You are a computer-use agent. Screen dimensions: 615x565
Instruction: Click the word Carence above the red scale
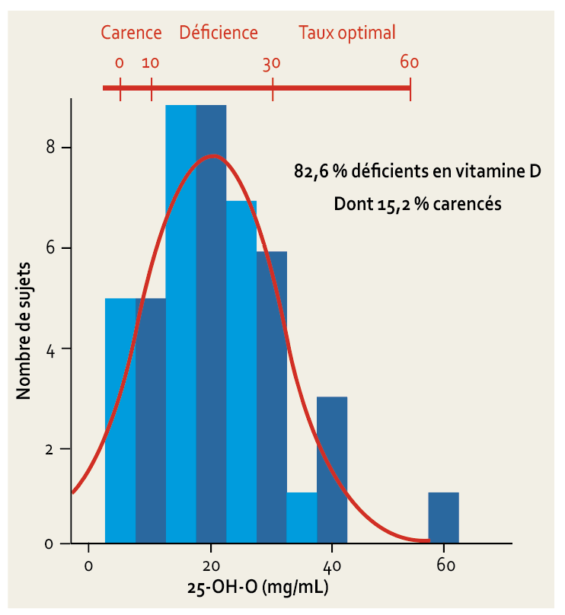point(132,33)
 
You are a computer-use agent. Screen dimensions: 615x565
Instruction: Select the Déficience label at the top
point(219,33)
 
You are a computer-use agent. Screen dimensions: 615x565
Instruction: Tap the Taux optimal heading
point(347,33)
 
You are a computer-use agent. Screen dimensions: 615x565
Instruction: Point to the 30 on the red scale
point(272,63)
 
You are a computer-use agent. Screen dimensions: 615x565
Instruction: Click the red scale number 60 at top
point(410,62)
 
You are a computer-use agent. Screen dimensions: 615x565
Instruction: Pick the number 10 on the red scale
point(151,63)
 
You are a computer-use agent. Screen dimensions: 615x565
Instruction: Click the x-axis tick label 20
point(211,566)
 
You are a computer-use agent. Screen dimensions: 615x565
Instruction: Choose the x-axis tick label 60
point(445,566)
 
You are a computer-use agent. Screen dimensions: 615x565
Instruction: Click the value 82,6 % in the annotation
point(321,173)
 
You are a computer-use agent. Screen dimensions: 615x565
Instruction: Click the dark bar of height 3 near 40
point(332,470)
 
